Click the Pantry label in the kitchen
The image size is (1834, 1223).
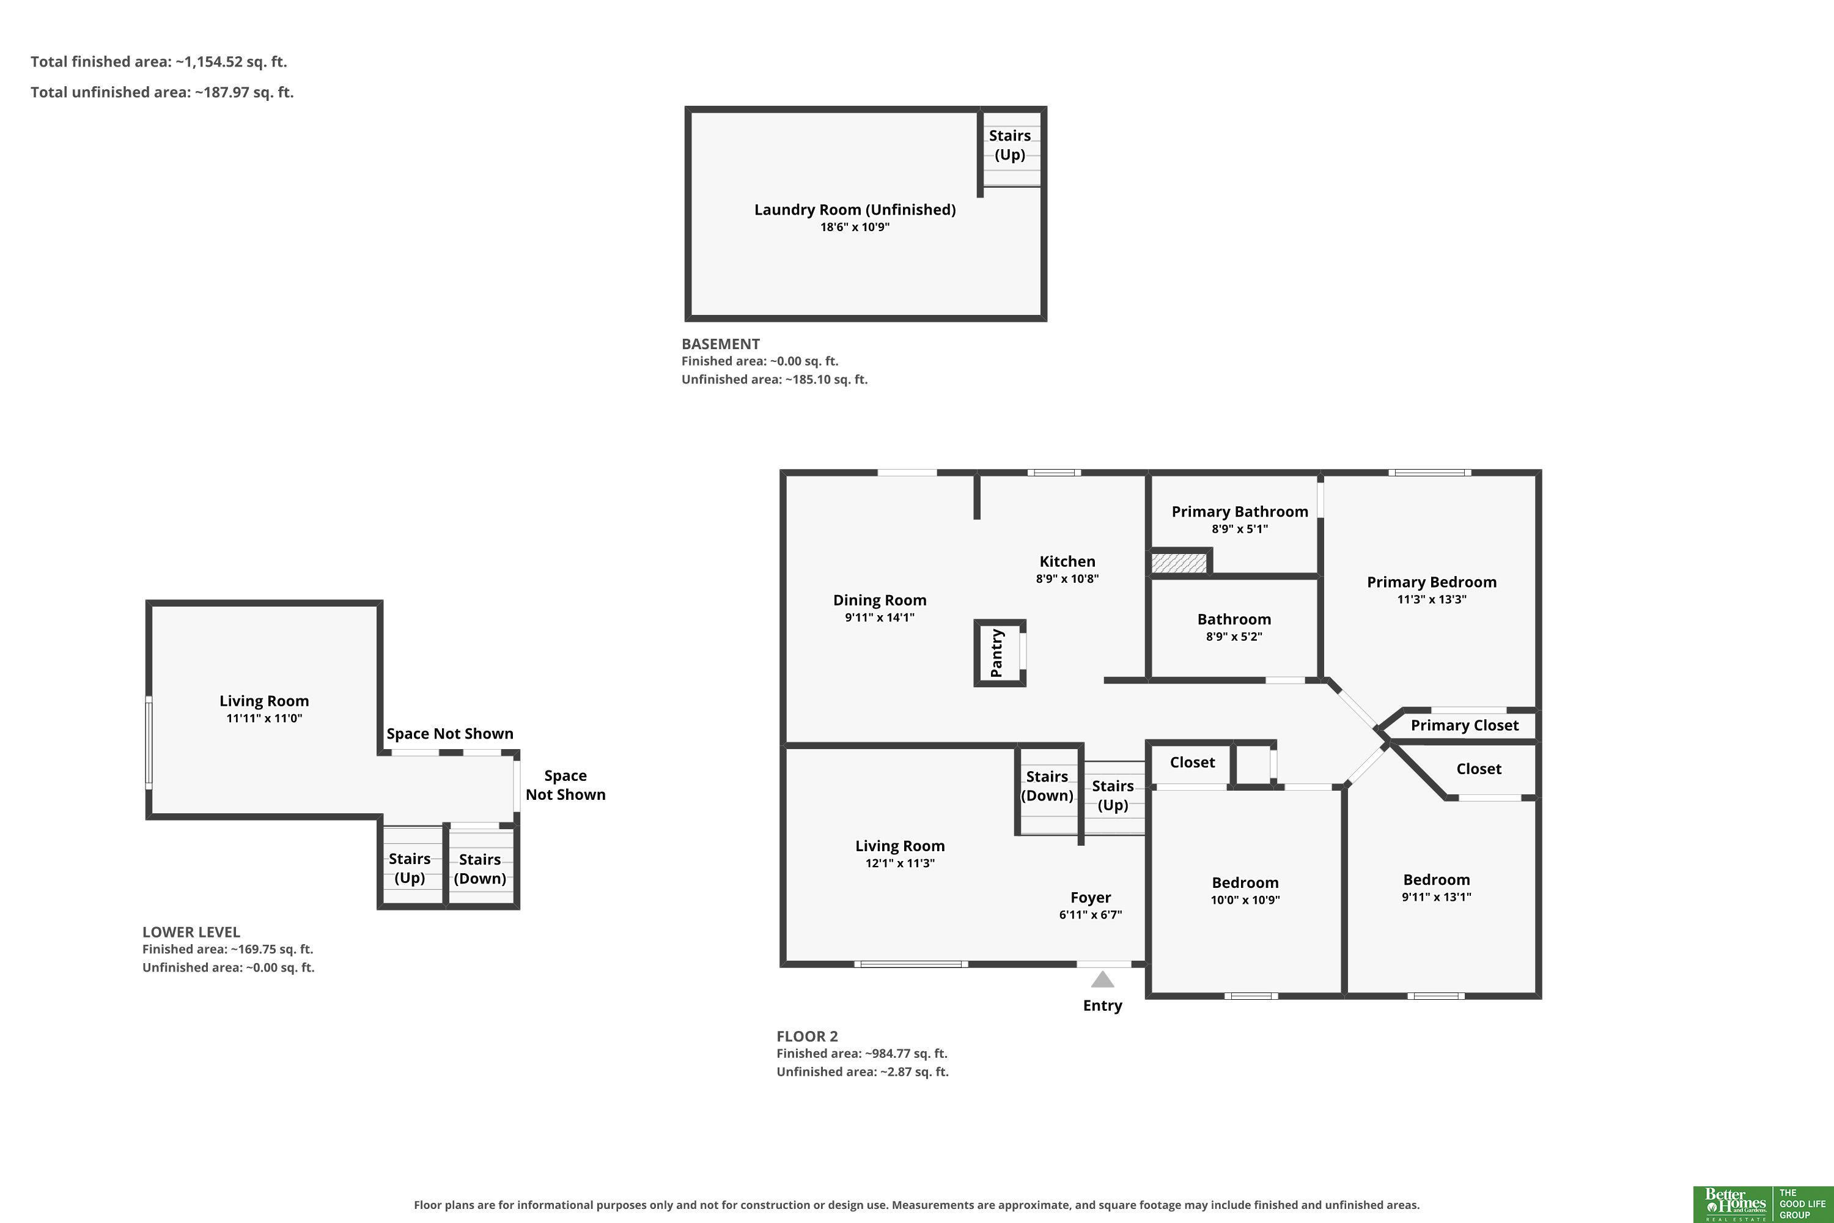tap(996, 653)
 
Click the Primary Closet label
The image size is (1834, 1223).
tap(1464, 725)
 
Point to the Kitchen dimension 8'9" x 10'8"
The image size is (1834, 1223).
tap(1067, 578)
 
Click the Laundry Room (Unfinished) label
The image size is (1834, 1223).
tap(855, 209)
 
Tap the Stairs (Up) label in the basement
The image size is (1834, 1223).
tap(1010, 145)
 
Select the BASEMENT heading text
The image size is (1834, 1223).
tap(721, 344)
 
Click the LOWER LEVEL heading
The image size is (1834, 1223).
tap(191, 932)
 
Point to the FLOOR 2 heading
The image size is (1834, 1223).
tap(807, 1036)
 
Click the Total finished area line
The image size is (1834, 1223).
tap(159, 62)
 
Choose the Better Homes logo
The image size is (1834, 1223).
tap(1762, 1204)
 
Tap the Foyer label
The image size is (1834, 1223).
tap(1090, 898)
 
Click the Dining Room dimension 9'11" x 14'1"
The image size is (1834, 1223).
tap(880, 618)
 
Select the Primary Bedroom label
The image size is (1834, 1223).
tap(1432, 582)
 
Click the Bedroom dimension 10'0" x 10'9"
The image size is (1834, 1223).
tap(1245, 900)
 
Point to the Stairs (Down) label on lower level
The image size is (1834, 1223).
tap(479, 869)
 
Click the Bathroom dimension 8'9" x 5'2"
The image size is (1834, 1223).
tap(1234, 637)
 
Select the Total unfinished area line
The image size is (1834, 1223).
tap(162, 92)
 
